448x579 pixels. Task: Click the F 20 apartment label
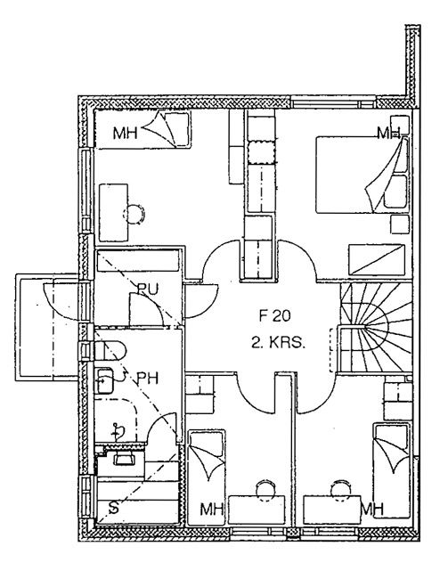tap(275, 315)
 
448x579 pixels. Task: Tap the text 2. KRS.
tap(279, 343)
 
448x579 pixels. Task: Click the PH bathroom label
tap(147, 379)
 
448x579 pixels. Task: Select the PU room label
tap(147, 289)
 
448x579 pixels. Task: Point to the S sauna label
tap(114, 508)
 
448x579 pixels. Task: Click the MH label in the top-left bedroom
tap(125, 133)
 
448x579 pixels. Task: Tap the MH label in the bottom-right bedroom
tap(372, 510)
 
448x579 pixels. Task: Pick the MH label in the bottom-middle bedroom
tap(212, 510)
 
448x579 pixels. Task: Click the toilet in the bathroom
tap(110, 351)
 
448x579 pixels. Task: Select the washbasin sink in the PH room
tap(104, 380)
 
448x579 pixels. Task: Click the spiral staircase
tap(375, 327)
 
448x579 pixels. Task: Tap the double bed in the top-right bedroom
tap(362, 175)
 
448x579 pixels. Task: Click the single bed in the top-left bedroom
tap(143, 129)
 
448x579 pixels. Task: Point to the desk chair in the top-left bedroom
tap(134, 214)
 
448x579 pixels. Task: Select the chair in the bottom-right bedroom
tap(341, 489)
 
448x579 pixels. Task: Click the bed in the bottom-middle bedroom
tap(207, 477)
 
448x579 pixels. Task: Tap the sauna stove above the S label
tap(124, 460)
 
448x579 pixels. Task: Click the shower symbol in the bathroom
tap(118, 431)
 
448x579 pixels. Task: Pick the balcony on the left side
tap(47, 327)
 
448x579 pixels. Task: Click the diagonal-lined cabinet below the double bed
tap(377, 259)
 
